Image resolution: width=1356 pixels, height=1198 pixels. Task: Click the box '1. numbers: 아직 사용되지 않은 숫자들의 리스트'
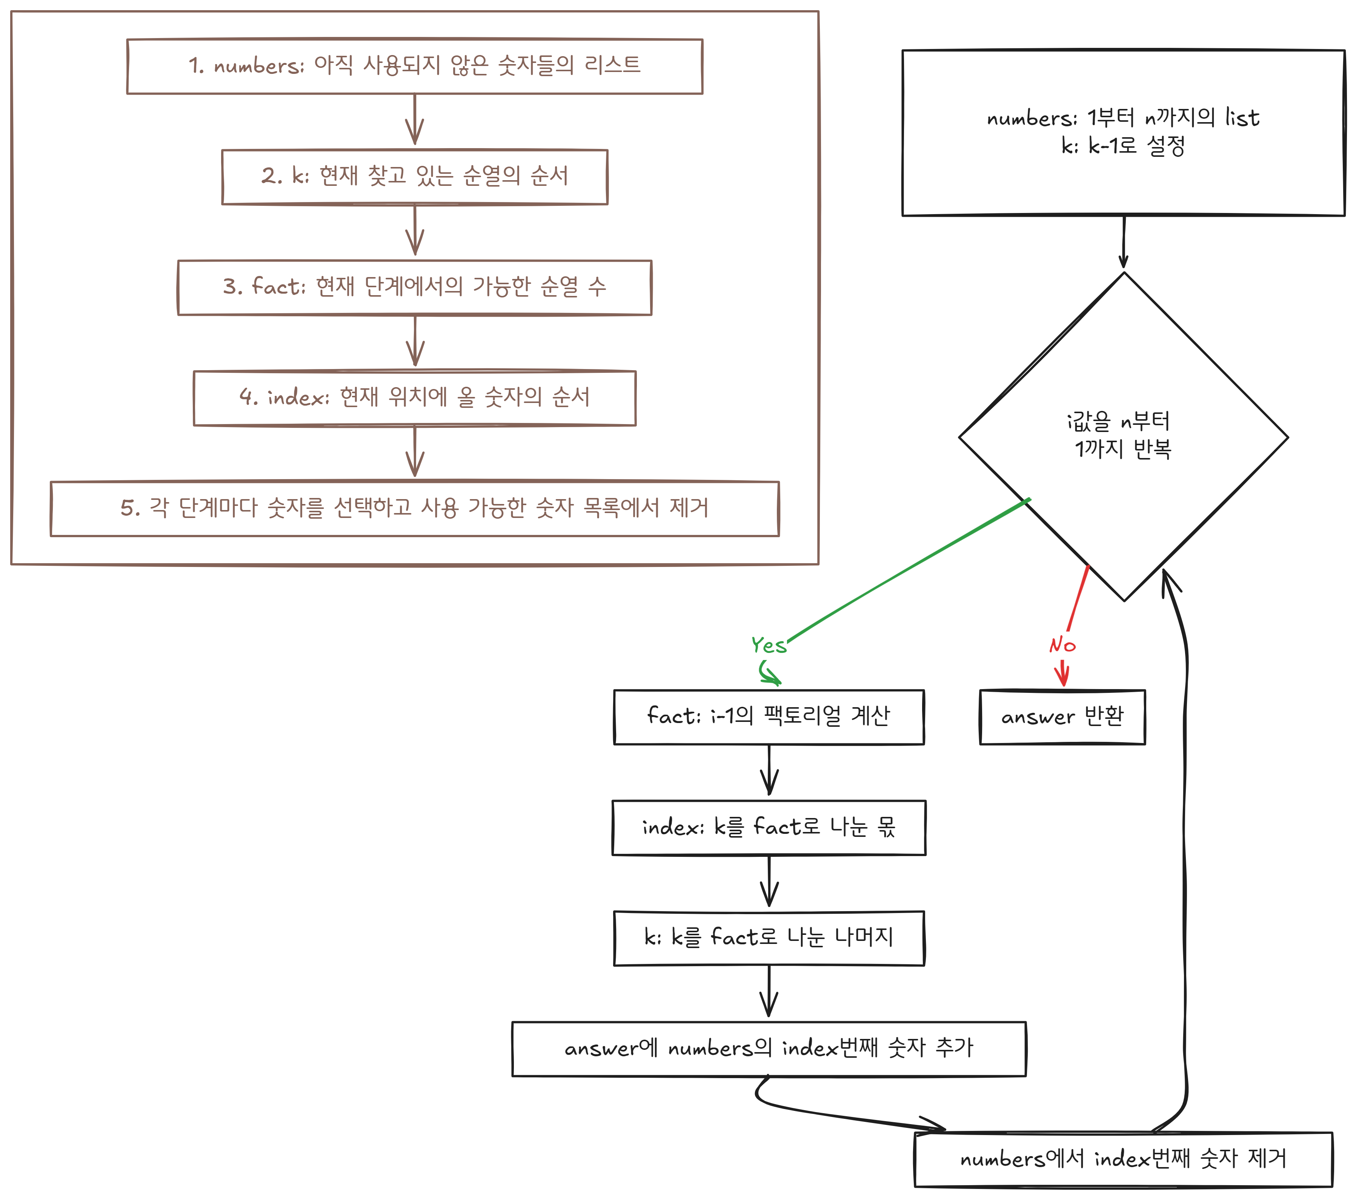(415, 66)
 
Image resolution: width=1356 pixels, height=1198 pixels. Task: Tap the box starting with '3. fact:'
(415, 287)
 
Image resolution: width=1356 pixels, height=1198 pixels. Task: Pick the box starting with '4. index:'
(415, 398)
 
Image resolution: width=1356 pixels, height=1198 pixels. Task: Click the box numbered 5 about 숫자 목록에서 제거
(415, 509)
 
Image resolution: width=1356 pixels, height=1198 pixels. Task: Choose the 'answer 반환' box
(1062, 717)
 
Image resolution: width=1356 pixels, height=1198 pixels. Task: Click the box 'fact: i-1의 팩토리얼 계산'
(768, 717)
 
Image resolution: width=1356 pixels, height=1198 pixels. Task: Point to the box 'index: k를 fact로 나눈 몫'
(768, 827)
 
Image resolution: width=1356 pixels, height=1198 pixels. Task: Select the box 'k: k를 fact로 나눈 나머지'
(768, 938)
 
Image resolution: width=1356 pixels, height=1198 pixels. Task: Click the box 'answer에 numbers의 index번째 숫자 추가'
(768, 1048)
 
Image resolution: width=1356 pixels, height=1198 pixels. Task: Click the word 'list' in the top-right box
(1242, 118)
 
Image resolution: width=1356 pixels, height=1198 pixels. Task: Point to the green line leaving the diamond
(909, 570)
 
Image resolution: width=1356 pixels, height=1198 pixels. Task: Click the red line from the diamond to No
(1078, 597)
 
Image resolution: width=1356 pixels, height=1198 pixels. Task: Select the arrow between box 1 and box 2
(415, 121)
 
